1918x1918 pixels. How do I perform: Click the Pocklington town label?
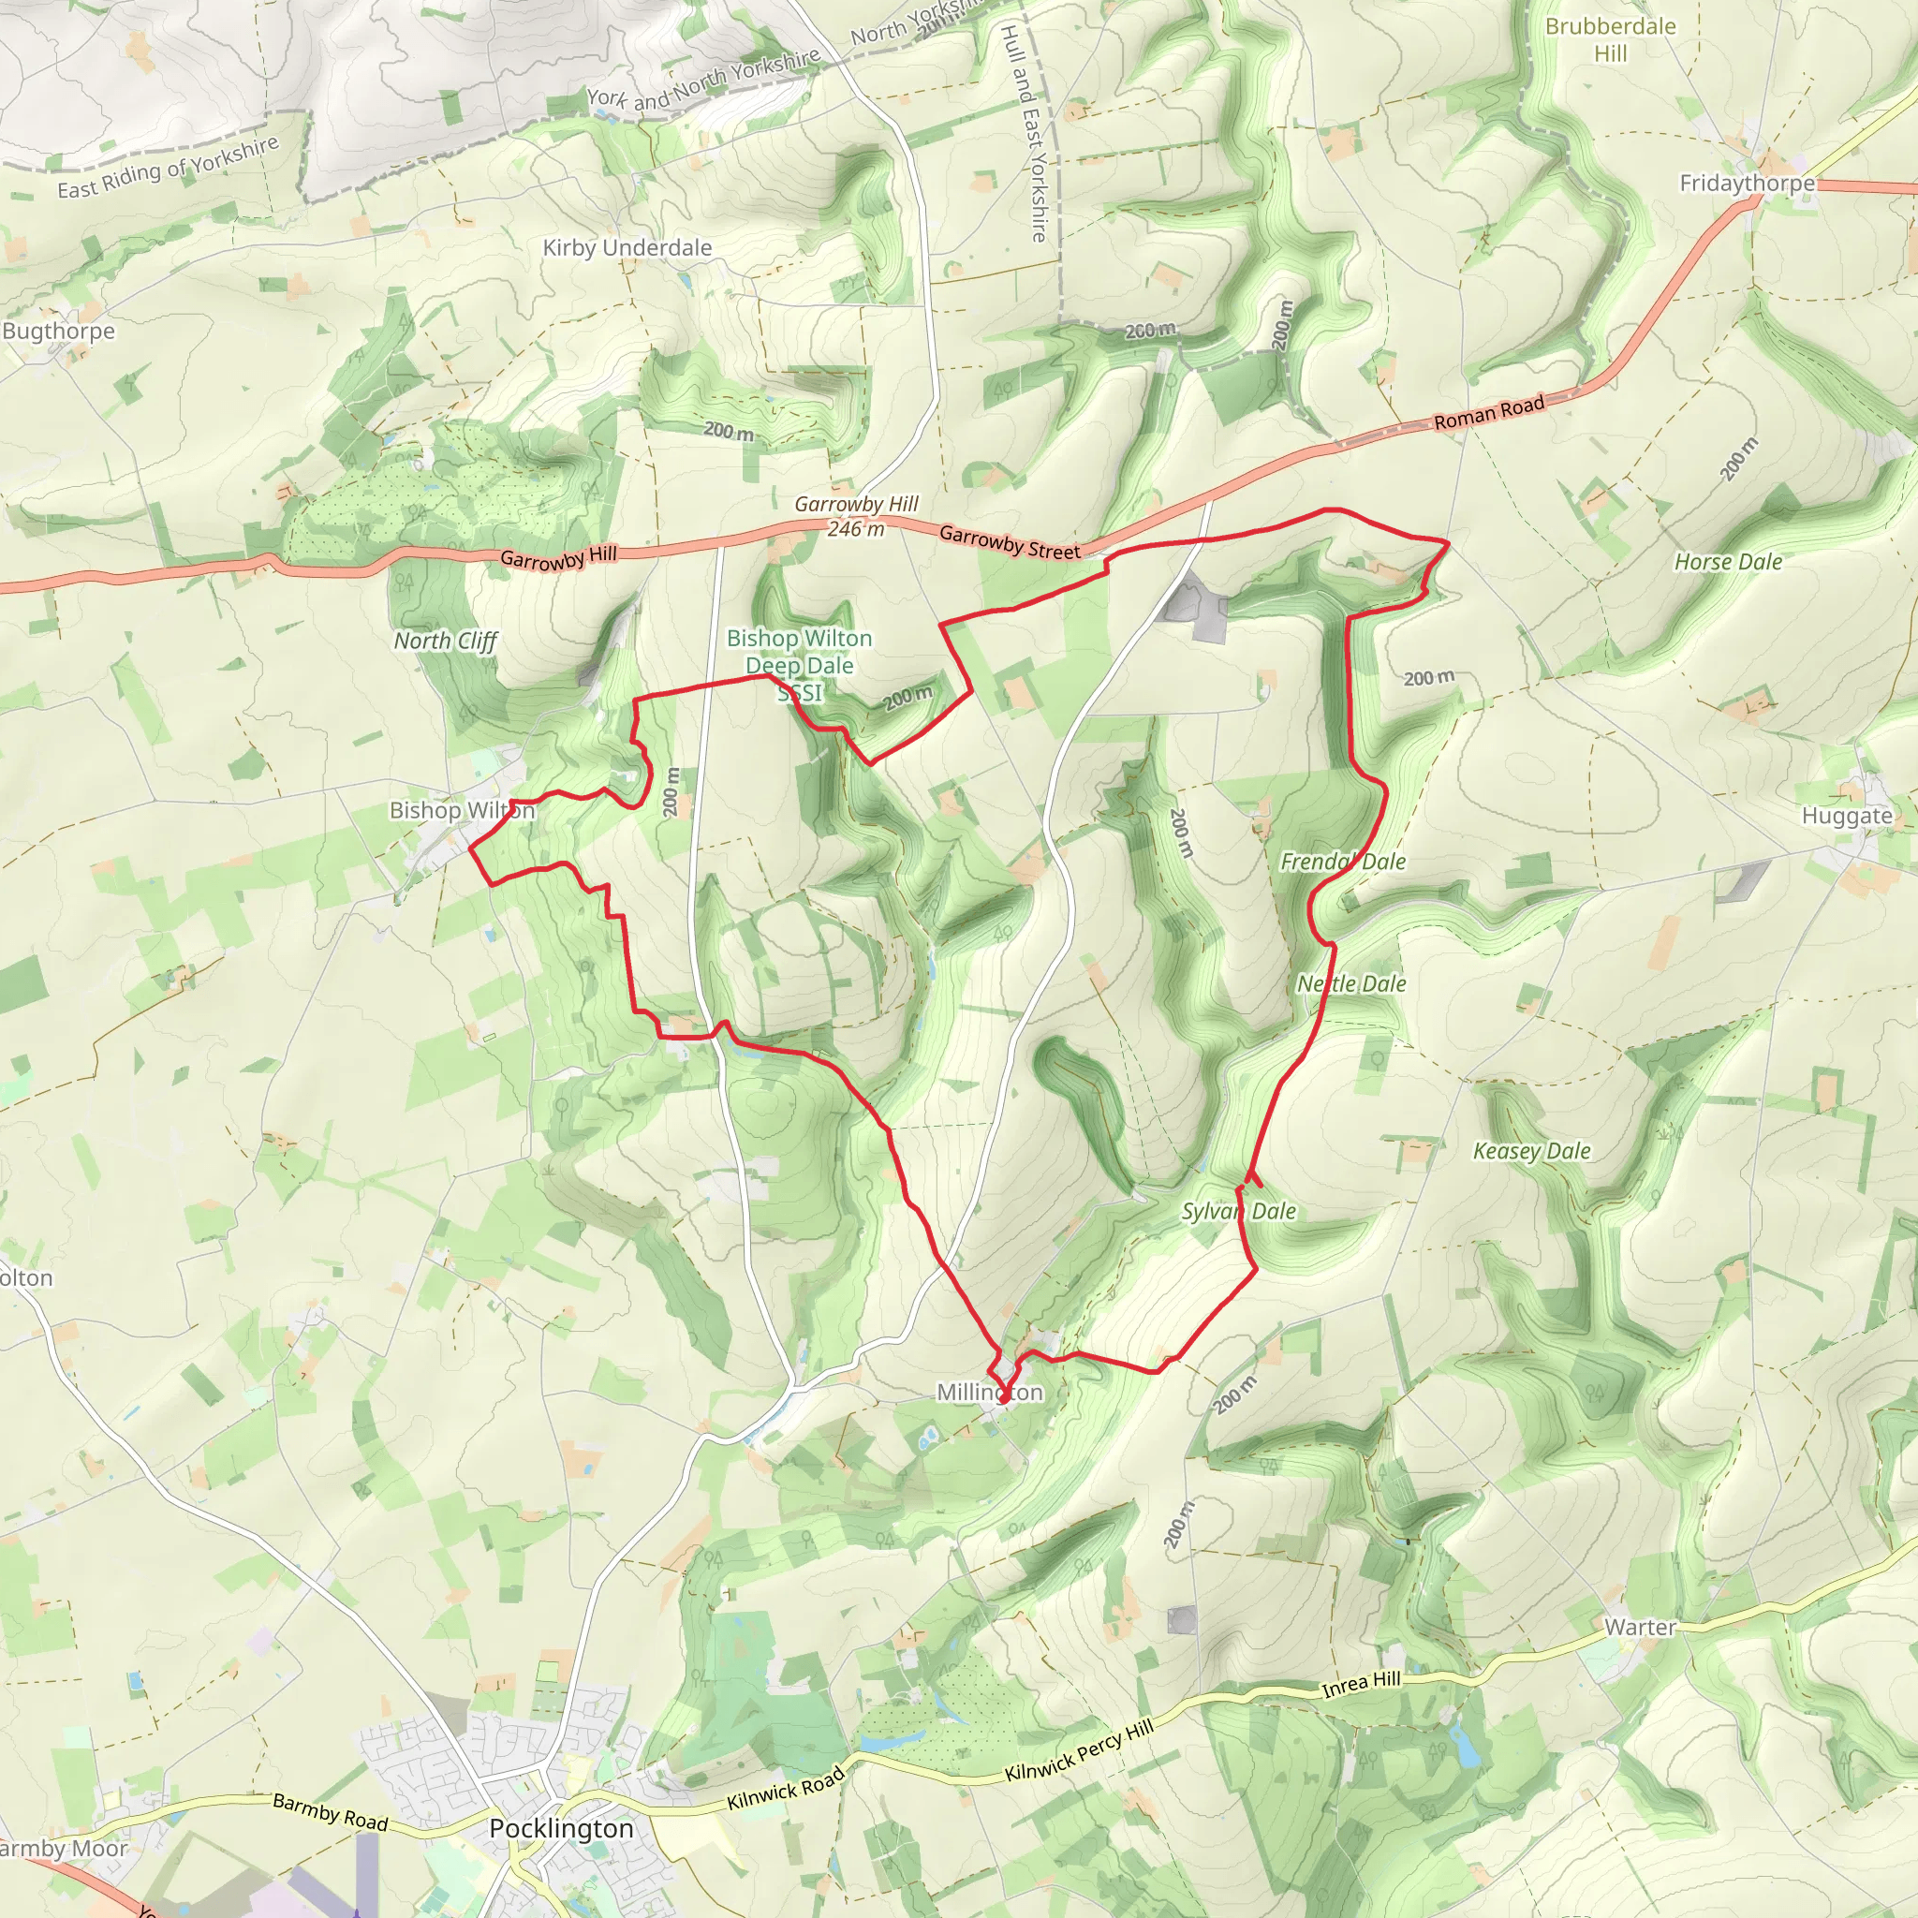561,1829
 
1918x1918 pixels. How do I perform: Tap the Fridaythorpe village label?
1747,184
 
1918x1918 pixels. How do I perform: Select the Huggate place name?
1847,816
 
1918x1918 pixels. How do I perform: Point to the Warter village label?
1640,1627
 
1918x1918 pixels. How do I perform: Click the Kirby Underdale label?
627,248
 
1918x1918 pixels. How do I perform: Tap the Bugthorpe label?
59,332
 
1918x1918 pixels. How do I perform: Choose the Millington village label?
990,1393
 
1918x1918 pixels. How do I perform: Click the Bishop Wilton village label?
462,810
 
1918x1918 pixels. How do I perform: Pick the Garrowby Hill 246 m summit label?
856,516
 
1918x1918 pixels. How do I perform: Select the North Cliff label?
445,642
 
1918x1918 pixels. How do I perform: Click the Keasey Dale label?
1531,1151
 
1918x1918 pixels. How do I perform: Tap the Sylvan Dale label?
1238,1211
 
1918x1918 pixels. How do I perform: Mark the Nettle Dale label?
1351,984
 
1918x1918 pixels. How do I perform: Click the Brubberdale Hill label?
1610,39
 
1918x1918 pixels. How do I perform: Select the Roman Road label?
1488,412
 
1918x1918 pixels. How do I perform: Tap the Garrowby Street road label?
1009,543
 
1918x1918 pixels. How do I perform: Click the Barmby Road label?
330,1812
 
